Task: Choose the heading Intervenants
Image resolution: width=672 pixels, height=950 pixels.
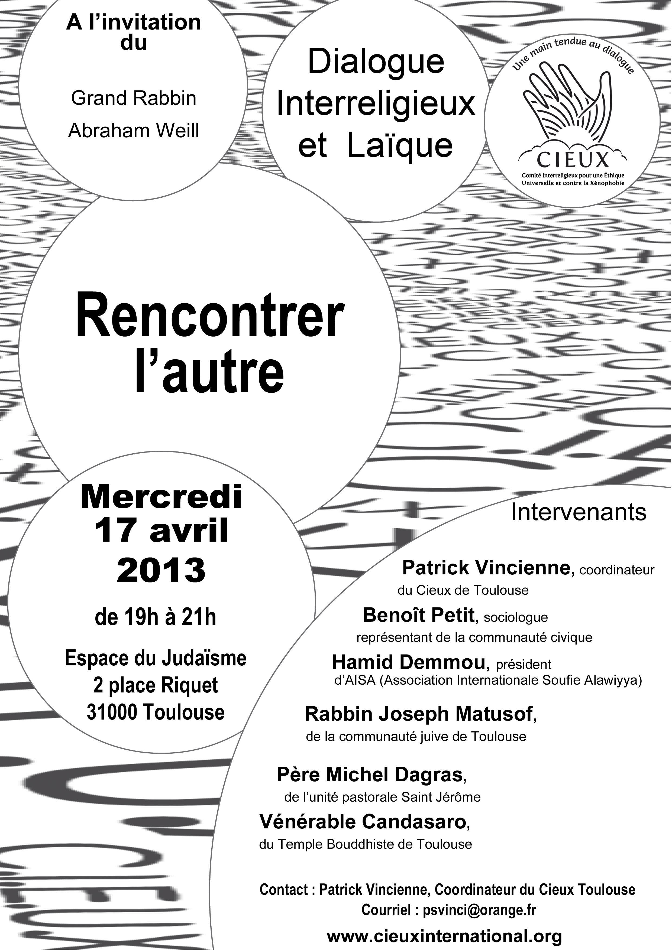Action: pos(579,512)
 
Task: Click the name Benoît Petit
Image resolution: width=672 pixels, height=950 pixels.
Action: pos(418,615)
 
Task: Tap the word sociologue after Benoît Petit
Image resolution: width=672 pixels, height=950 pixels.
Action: pos(515,617)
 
